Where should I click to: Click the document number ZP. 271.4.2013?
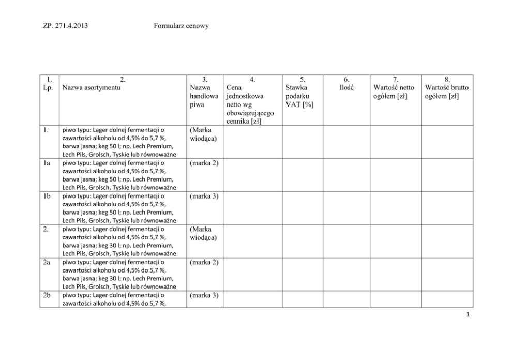(65, 25)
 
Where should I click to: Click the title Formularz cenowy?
(181, 25)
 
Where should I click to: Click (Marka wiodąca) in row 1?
(203, 134)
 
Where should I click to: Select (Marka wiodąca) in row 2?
(203, 233)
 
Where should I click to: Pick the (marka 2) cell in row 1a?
(204, 163)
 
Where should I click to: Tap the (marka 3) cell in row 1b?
(204, 196)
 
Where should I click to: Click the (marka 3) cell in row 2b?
(204, 296)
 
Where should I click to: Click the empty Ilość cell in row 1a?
(346, 175)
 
